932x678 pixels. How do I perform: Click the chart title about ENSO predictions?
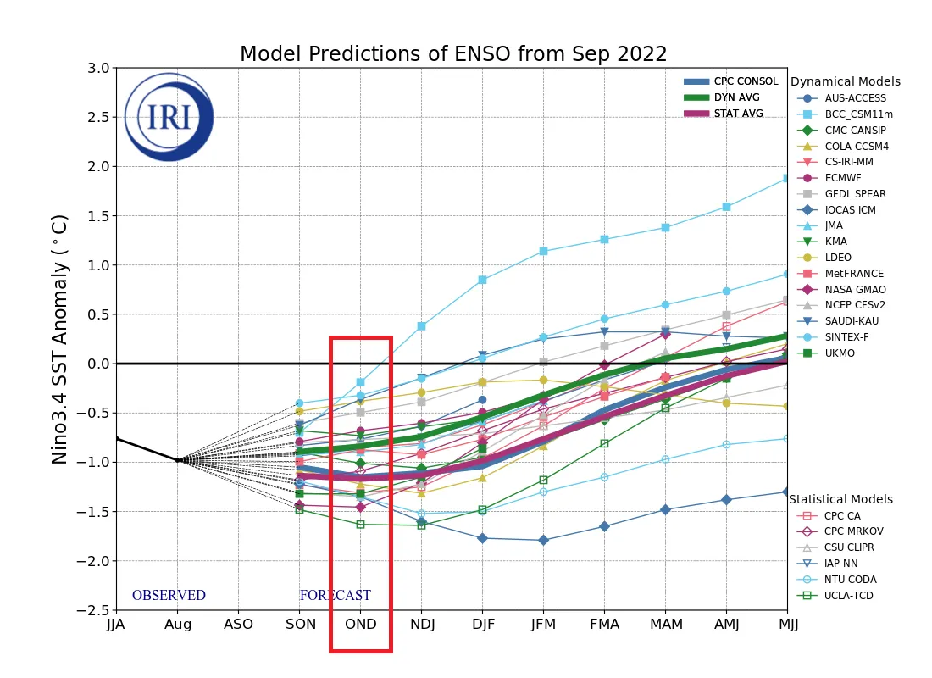point(453,54)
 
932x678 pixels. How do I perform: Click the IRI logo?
point(169,117)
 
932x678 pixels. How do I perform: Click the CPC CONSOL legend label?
point(746,81)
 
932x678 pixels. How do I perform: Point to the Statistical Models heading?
point(841,499)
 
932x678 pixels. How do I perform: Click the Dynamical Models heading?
point(845,82)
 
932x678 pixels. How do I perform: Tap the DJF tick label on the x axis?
point(482,625)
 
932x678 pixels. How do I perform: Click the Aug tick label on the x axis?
point(177,625)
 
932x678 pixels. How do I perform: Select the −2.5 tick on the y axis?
point(94,610)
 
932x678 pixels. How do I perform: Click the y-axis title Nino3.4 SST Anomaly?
point(60,339)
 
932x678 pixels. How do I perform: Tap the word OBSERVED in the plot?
point(169,596)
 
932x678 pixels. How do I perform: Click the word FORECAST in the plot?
point(335,596)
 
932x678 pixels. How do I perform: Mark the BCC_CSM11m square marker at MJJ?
point(787,178)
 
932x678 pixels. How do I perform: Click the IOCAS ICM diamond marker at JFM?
point(543,540)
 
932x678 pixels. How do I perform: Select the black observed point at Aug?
point(177,460)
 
